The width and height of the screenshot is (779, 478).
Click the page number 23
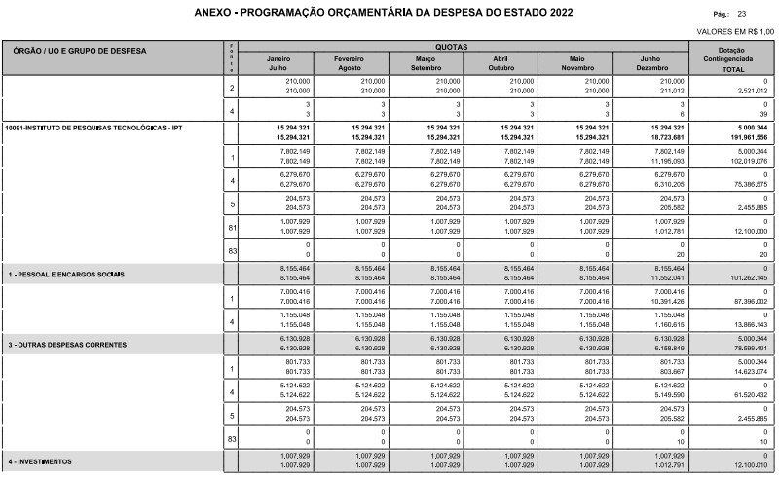tap(742, 14)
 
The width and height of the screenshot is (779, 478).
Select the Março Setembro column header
tap(425, 64)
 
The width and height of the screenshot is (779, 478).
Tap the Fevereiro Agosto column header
tap(349, 64)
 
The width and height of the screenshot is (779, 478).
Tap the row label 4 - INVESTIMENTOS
tap(41, 460)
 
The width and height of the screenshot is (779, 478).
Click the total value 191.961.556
tap(745, 137)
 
